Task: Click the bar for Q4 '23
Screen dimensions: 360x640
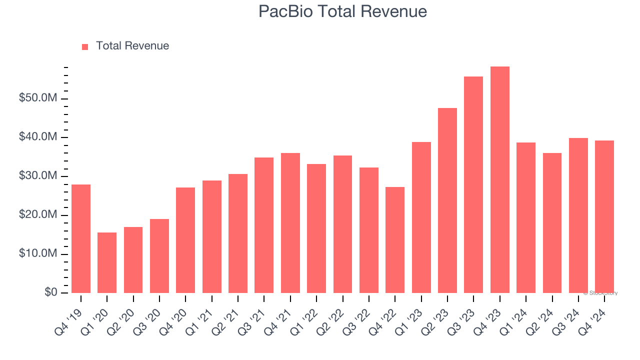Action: pyautogui.click(x=499, y=180)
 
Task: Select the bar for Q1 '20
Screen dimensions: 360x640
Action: pyautogui.click(x=107, y=262)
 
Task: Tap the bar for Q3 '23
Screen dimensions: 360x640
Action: pyautogui.click(x=473, y=185)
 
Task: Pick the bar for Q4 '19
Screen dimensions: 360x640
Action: pyautogui.click(x=81, y=238)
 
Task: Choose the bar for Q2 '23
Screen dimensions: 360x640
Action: pyautogui.click(x=447, y=200)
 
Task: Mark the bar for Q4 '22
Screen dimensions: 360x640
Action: pyautogui.click(x=395, y=240)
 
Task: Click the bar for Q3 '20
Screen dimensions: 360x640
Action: pyautogui.click(x=159, y=256)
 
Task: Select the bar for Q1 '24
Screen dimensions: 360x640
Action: pyautogui.click(x=526, y=217)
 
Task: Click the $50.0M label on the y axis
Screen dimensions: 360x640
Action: pyautogui.click(x=38, y=98)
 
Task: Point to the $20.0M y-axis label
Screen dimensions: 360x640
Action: pyautogui.click(x=38, y=215)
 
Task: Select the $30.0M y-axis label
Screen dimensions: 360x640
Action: pyautogui.click(x=38, y=176)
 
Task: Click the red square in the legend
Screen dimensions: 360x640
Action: pyautogui.click(x=85, y=46)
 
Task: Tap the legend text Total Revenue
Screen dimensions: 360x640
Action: pyautogui.click(x=132, y=46)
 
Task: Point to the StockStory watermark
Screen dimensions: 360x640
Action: pyautogui.click(x=600, y=293)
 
